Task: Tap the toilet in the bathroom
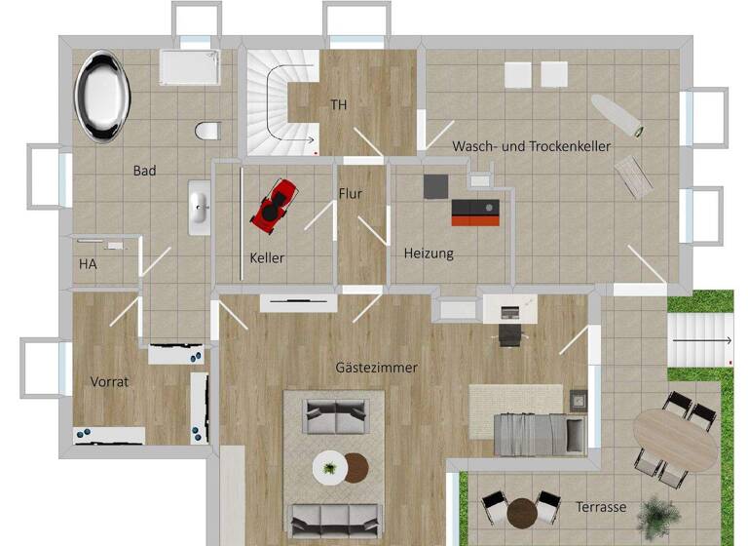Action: click(x=208, y=131)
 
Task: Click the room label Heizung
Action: click(x=429, y=253)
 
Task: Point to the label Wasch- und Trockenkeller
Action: click(x=531, y=146)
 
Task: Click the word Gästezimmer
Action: click(x=377, y=368)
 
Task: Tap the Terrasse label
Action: click(x=600, y=507)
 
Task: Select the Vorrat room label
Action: click(x=109, y=381)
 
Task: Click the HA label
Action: click(x=88, y=264)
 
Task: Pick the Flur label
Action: click(x=351, y=194)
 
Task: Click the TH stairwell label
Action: click(x=338, y=104)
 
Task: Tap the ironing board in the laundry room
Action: click(x=617, y=116)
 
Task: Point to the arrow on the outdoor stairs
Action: click(x=702, y=340)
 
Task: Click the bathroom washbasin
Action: click(x=200, y=208)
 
